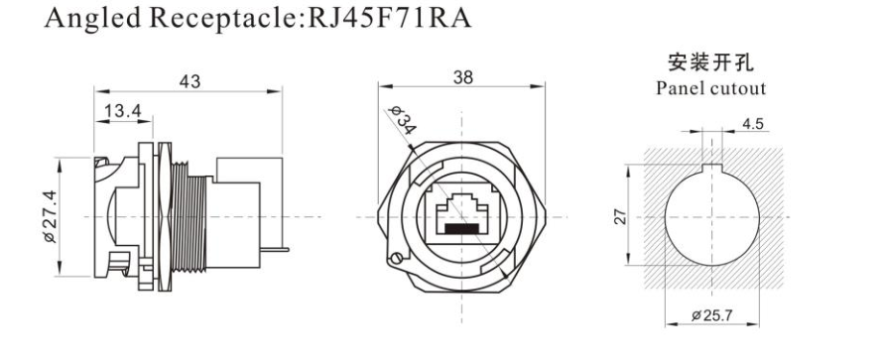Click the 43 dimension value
pos(189,81)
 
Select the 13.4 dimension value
pos(123,111)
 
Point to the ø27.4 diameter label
pos(50,216)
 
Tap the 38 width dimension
pos(463,77)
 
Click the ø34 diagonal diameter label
pos(404,120)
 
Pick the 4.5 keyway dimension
pos(753,124)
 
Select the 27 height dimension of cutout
pos(620,216)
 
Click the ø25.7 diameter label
pos(712,315)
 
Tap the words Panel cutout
pos(711,88)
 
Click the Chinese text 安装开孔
pos(710,62)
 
